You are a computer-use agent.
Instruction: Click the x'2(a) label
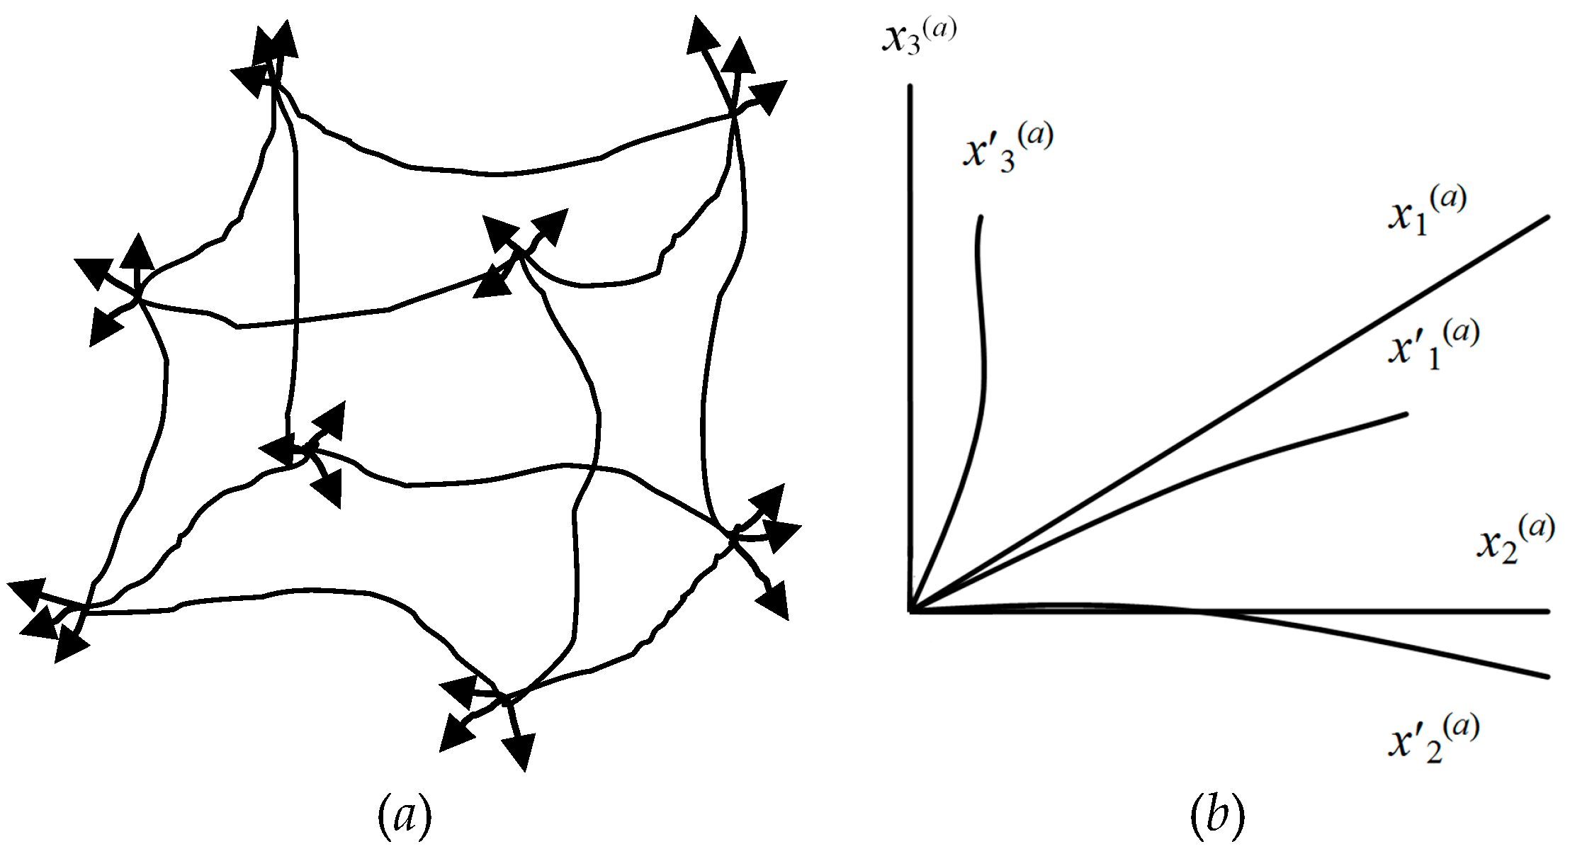[x=1433, y=738]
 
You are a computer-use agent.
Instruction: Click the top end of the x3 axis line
[x=910, y=86]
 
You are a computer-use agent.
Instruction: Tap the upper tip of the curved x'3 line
[x=981, y=217]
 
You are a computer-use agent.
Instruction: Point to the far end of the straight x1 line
[x=1548, y=217]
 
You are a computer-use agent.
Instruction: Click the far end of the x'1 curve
[x=1406, y=414]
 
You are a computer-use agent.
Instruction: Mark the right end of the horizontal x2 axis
[x=1548, y=610]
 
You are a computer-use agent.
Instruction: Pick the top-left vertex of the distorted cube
[x=273, y=85]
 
